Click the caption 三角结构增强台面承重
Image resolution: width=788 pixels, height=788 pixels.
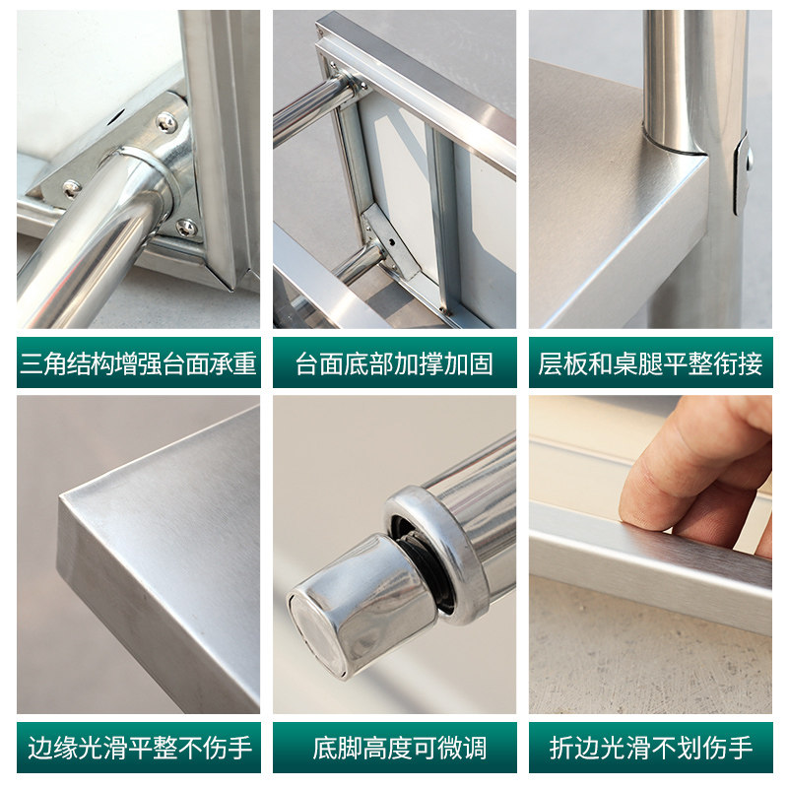[x=138, y=363]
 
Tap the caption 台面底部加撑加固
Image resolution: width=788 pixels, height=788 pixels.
[x=394, y=363]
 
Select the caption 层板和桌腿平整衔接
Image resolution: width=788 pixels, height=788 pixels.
[x=650, y=363]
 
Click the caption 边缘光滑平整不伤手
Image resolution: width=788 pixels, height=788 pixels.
[x=138, y=748]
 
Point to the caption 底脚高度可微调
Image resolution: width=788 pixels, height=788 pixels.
[x=394, y=748]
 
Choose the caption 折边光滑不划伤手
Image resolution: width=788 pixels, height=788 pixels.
[x=650, y=748]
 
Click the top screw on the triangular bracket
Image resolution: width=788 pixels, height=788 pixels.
[x=166, y=122]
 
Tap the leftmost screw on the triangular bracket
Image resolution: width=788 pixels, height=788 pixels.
[x=71, y=187]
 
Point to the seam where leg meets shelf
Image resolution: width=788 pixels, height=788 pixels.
[x=676, y=150]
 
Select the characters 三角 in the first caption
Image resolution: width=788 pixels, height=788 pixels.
[x=43, y=363]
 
